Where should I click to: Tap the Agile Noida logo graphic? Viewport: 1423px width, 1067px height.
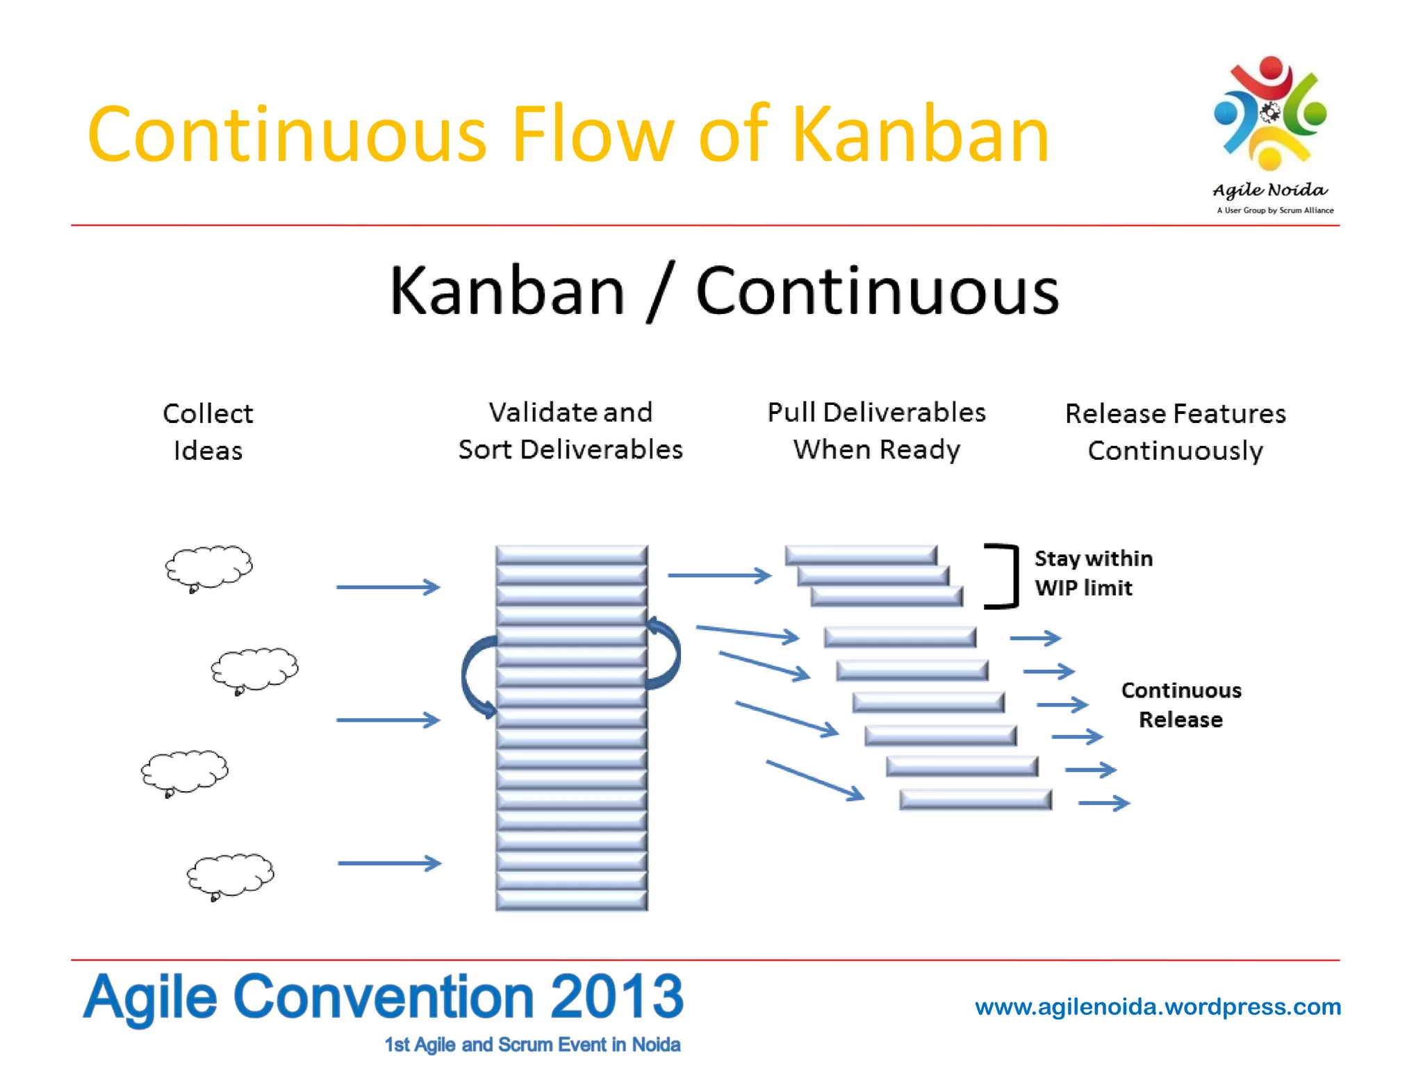tap(1270, 115)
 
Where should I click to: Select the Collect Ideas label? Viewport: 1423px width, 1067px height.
tap(208, 431)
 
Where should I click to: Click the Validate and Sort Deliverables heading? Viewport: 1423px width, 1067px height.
tap(570, 431)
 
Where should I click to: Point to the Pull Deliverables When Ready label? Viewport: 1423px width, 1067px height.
tap(876, 431)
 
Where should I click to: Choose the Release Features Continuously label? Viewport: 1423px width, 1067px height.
tap(1175, 431)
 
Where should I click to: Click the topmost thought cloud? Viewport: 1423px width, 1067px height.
tap(208, 567)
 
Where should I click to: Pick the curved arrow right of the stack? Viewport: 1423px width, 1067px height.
tap(666, 654)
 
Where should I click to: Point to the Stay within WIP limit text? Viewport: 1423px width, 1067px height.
tap(1093, 573)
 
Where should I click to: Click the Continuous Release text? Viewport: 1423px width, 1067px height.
tap(1181, 704)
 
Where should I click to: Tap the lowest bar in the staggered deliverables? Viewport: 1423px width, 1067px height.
tap(975, 800)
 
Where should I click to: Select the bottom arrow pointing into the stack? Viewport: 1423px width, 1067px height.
tap(389, 863)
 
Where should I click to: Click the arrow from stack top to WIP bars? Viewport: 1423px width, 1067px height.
tap(719, 575)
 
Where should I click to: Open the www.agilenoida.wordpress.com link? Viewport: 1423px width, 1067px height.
tap(1158, 1007)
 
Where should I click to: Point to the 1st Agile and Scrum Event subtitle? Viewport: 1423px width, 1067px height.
tap(532, 1045)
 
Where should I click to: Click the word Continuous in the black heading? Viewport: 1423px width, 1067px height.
tap(877, 291)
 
